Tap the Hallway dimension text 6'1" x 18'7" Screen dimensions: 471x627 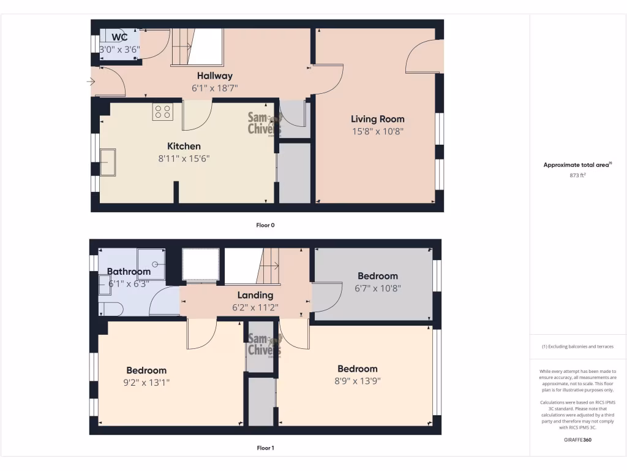point(214,88)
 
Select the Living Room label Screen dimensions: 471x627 point(377,119)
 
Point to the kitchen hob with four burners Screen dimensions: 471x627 point(163,112)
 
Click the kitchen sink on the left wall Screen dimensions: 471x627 point(108,162)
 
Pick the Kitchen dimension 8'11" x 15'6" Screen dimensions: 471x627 point(184,158)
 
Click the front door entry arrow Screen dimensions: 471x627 point(92,81)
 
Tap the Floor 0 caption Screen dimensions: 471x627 point(265,225)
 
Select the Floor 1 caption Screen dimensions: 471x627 point(265,448)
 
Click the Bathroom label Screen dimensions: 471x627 point(129,272)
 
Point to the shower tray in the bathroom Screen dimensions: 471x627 point(151,264)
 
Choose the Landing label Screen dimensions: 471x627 point(255,295)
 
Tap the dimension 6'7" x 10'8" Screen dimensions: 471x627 point(378,288)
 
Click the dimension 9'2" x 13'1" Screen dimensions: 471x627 point(146,383)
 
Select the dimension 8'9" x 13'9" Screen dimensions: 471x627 point(358,381)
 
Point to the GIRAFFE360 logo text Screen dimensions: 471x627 point(577,440)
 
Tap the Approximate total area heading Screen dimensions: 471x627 point(576,165)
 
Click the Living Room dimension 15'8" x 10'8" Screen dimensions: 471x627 point(377,131)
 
